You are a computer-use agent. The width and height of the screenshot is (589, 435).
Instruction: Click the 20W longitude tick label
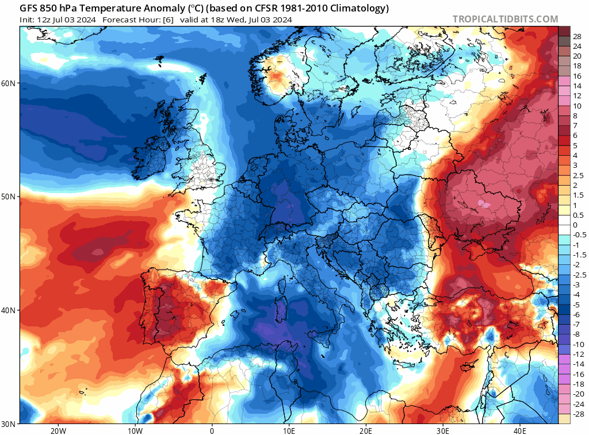[58, 430]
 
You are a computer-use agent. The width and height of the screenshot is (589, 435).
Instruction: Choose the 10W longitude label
[135, 430]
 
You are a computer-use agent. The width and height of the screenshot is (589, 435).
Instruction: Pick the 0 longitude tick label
[212, 430]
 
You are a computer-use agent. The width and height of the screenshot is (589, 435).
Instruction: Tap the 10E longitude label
[289, 430]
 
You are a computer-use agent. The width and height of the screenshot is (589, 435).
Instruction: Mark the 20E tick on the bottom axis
[366, 430]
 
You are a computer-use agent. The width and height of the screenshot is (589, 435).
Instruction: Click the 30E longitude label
[443, 430]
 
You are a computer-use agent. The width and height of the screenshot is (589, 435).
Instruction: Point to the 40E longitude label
[520, 430]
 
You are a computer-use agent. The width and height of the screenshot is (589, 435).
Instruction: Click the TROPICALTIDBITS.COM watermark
[505, 20]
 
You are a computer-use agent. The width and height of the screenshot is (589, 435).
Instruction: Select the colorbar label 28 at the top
[577, 36]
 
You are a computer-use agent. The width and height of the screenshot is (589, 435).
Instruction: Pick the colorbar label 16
[577, 76]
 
